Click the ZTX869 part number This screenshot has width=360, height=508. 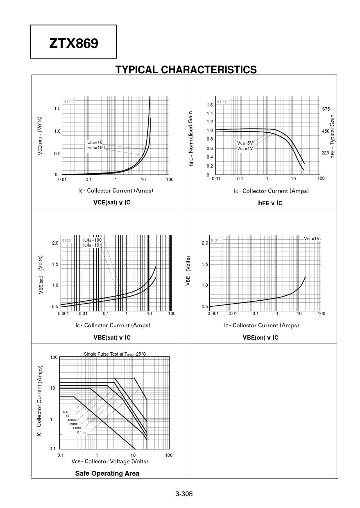[74, 43]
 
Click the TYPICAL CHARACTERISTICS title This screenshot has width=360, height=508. [186, 70]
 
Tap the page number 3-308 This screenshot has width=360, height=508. [184, 494]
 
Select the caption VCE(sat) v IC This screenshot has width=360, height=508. [112, 202]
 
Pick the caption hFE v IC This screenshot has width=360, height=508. [270, 203]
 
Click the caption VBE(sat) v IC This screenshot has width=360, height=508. [112, 337]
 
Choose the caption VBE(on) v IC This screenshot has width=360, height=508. [260, 337]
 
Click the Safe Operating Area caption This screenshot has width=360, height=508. [107, 473]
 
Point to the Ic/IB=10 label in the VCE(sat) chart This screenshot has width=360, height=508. [94, 142]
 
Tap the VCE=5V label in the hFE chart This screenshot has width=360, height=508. [245, 143]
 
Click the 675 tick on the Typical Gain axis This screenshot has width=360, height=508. [326, 109]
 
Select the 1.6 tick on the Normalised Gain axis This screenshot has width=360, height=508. [210, 105]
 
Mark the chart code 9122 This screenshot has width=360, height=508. [68, 101]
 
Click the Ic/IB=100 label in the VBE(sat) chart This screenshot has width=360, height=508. [92, 240]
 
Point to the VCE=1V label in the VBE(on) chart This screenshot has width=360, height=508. [312, 238]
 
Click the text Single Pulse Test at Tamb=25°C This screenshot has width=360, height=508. [115, 354]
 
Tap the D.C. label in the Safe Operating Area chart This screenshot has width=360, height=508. [66, 412]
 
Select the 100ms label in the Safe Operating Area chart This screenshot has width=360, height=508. [72, 420]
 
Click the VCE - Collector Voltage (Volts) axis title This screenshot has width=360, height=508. [110, 461]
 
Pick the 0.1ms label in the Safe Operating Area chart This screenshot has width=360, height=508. [82, 432]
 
